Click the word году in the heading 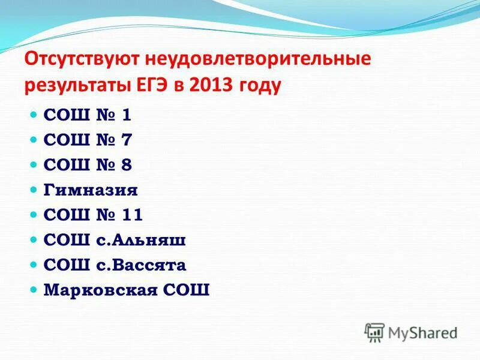click(260, 86)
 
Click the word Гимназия click(91, 190)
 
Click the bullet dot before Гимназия click(34, 190)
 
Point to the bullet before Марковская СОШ click(34, 290)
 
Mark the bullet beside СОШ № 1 click(34, 114)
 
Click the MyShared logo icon click(374, 332)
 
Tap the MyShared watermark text click(422, 332)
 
